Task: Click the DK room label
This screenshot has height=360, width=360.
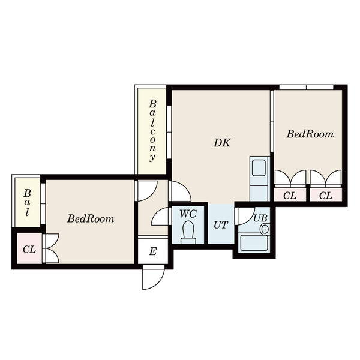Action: point(222,143)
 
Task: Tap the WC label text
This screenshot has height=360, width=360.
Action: point(188,214)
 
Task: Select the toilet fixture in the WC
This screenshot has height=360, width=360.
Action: point(188,232)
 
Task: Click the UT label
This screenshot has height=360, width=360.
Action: point(221,225)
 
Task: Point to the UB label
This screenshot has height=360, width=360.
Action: point(260,218)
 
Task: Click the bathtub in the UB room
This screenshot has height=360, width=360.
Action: point(254,243)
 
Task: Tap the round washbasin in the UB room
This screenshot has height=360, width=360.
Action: point(265,229)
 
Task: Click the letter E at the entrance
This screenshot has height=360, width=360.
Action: point(153,251)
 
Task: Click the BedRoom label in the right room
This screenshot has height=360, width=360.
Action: point(310,134)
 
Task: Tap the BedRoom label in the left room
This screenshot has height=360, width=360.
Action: point(91,218)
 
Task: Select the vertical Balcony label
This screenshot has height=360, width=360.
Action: point(152,131)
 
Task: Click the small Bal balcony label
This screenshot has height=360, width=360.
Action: point(27,203)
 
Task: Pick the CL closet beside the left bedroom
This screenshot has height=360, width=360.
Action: point(29,249)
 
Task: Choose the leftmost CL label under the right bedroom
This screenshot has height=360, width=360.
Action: point(290,196)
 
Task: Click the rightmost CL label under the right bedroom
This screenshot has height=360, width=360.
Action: point(326,196)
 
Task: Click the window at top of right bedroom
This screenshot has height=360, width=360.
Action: point(306,87)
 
